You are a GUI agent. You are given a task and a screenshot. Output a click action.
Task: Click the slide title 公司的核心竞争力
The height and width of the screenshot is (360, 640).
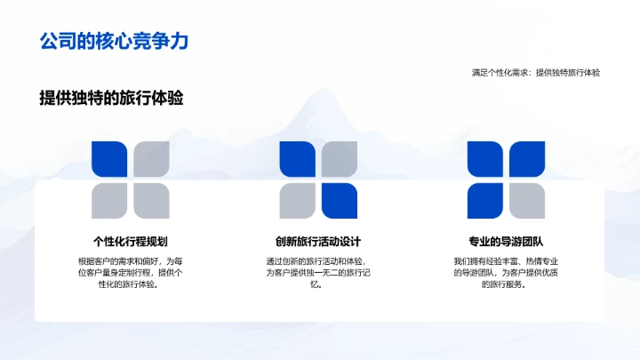pyautogui.click(x=114, y=41)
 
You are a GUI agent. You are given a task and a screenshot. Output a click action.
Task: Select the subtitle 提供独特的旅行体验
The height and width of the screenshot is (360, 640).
pyautogui.click(x=111, y=99)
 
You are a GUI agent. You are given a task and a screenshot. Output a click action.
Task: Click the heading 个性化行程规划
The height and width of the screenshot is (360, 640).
pyautogui.click(x=131, y=241)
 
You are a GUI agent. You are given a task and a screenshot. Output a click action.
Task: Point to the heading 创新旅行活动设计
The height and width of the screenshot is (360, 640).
pyautogui.click(x=318, y=241)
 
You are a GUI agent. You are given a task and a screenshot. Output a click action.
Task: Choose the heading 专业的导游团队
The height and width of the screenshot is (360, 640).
pyautogui.click(x=506, y=241)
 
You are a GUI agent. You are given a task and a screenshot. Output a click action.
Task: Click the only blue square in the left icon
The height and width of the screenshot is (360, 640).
pyautogui.click(x=109, y=160)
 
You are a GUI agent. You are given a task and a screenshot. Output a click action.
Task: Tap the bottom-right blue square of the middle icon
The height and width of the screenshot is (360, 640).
pyautogui.click(x=340, y=201)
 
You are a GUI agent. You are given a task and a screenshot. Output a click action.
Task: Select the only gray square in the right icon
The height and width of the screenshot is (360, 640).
pyautogui.click(x=527, y=201)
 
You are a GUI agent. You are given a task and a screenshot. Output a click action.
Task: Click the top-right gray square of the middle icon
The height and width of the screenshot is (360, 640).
pyautogui.click(x=340, y=160)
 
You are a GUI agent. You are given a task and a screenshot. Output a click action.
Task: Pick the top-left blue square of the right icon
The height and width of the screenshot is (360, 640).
pyautogui.click(x=485, y=160)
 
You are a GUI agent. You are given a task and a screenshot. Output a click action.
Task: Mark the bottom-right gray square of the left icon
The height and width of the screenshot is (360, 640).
pyautogui.click(x=151, y=201)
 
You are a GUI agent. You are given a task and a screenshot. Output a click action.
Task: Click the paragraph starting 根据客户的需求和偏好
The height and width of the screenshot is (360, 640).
pyautogui.click(x=131, y=272)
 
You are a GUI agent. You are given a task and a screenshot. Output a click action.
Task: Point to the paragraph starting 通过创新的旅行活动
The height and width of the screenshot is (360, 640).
pyautogui.click(x=318, y=272)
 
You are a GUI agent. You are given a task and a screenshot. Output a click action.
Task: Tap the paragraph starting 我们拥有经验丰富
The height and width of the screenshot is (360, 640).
pyautogui.click(x=506, y=272)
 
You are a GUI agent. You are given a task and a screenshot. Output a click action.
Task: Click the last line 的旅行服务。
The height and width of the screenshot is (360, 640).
pyautogui.click(x=506, y=284)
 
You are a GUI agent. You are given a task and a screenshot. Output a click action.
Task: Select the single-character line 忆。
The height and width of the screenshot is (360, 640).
pyautogui.click(x=318, y=284)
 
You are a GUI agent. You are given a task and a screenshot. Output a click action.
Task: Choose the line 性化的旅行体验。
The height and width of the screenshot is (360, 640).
pyautogui.click(x=131, y=284)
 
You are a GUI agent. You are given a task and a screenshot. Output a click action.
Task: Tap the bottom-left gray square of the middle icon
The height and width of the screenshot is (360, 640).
pyautogui.click(x=298, y=201)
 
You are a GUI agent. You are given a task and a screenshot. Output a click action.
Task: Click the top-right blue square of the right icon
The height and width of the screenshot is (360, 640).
pyautogui.click(x=527, y=160)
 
